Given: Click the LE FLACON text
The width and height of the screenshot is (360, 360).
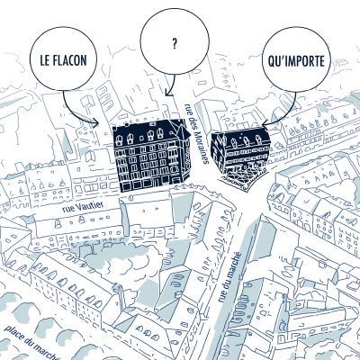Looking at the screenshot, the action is point(63,60).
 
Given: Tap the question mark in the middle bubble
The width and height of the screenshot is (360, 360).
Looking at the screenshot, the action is point(175,44).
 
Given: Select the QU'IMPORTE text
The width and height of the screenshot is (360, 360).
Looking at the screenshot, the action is point(296,60).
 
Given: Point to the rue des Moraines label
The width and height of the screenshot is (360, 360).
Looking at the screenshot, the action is point(196,133).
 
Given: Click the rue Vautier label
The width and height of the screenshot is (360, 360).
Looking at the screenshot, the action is point(83,207).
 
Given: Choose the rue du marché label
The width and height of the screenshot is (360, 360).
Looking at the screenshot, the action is point(229,277).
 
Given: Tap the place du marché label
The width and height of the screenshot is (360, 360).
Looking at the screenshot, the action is point(31,342).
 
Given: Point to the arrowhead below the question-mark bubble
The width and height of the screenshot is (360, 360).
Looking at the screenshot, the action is point(168,93).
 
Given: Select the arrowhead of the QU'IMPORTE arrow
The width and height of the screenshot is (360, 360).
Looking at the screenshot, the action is point(264,124).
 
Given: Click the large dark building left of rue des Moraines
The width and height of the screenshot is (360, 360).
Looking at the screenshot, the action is point(151,155).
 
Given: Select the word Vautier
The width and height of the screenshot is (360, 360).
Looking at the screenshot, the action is point(89,205).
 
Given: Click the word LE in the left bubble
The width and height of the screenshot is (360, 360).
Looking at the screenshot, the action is point(44,60).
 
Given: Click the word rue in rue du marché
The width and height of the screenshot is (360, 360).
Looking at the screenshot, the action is point(222,297).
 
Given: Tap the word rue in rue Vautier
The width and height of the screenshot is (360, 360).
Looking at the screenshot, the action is point(67,209).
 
